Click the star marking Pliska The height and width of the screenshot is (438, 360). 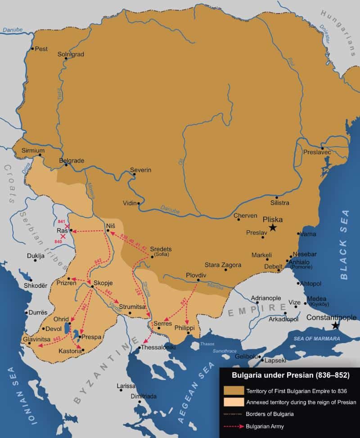(273, 228)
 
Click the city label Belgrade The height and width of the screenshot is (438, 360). (72, 160)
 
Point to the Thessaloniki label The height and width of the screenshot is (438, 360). (158, 348)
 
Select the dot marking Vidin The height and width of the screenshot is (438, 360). (139, 203)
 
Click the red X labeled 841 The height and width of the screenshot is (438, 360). (67, 226)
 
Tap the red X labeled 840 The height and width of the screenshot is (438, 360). (63, 236)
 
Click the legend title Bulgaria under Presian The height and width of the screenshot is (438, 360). (290, 374)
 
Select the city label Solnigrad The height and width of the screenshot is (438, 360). (71, 54)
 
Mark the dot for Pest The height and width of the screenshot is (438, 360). (32, 49)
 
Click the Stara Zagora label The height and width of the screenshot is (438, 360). (223, 265)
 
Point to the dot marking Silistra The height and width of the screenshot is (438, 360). (277, 197)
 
